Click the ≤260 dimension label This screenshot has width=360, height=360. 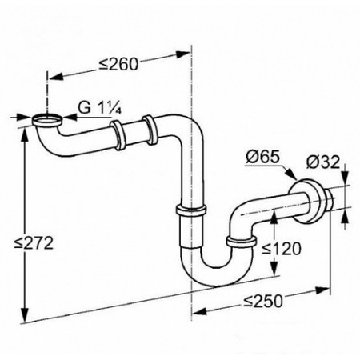(118, 64)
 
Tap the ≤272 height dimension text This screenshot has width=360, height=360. (34, 243)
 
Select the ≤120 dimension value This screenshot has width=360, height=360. (282, 249)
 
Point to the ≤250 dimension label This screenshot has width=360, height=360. (262, 302)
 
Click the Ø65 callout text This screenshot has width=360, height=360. (262, 157)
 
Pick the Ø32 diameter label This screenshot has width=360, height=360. (323, 162)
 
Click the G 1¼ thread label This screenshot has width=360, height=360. (99, 107)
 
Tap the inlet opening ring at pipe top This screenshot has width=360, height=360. (47, 121)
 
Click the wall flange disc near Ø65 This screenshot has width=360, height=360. (306, 202)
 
